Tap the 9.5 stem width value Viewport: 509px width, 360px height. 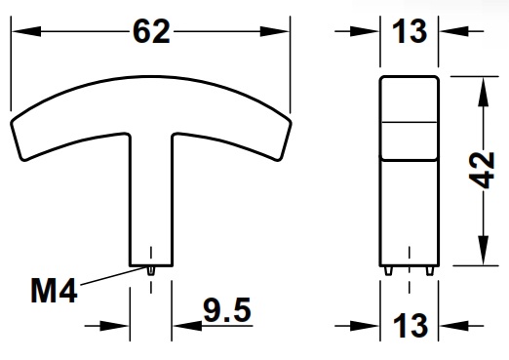(x=227, y=311)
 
